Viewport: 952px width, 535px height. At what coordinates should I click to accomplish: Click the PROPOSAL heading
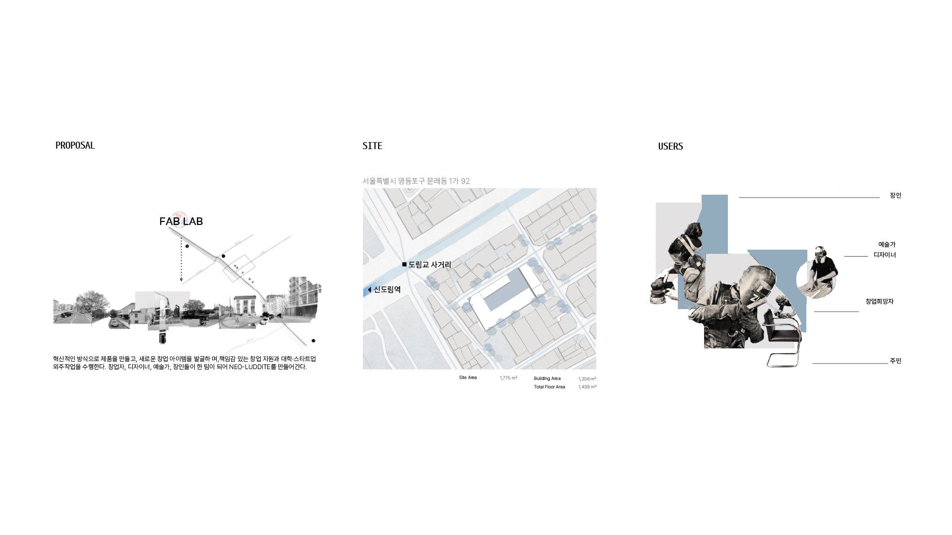(x=75, y=146)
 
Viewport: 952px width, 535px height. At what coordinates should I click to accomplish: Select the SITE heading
(x=372, y=146)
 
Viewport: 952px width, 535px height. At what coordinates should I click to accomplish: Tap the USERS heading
(x=670, y=147)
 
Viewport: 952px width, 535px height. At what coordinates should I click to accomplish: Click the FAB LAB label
(x=181, y=221)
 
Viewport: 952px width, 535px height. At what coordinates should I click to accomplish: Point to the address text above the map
(x=416, y=181)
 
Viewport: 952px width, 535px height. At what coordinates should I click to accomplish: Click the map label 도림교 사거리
(x=430, y=265)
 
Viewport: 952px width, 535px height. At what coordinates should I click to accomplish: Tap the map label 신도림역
(x=387, y=290)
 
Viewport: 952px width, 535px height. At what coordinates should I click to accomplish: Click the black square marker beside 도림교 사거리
(x=405, y=265)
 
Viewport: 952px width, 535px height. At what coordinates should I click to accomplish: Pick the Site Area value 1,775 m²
(x=508, y=378)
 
